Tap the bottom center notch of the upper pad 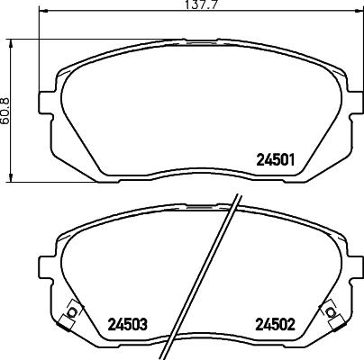click(x=197, y=178)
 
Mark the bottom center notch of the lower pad click(x=197, y=346)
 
